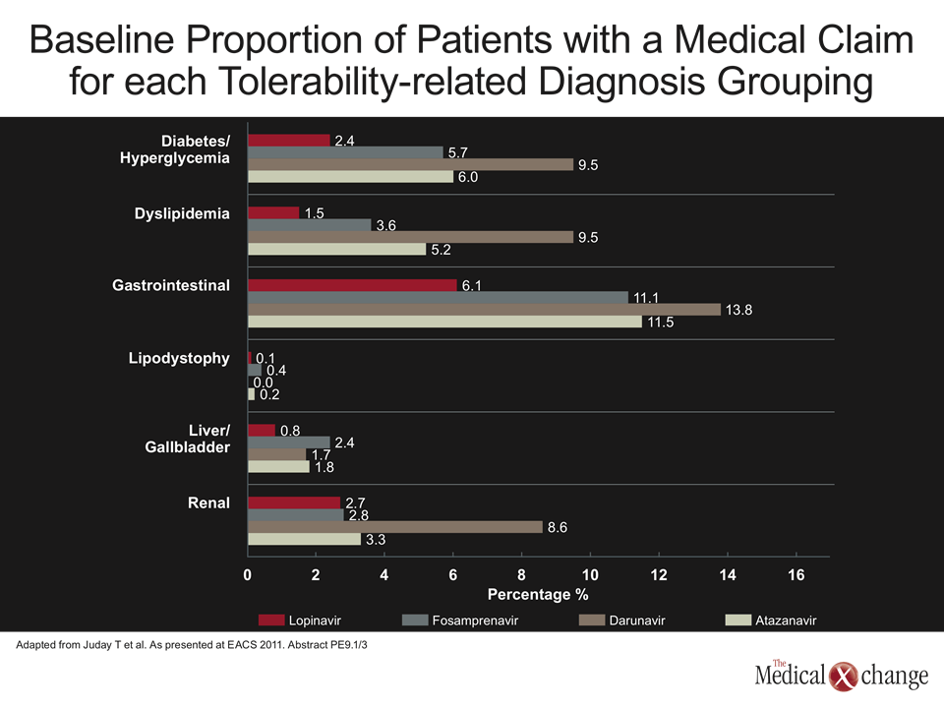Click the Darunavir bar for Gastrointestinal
point(485,310)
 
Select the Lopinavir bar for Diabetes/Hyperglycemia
point(289,141)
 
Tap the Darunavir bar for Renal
point(395,527)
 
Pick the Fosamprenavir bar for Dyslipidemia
point(310,224)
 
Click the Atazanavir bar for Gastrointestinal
point(444,322)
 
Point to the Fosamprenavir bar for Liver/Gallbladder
point(289,442)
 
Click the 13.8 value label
point(738,310)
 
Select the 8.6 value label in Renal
point(558,527)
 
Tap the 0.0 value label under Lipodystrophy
point(264,383)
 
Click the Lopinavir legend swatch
point(271,620)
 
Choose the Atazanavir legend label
point(786,620)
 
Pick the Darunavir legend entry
point(621,620)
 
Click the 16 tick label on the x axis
point(796,575)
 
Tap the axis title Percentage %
point(538,595)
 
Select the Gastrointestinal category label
point(171,285)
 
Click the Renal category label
point(208,502)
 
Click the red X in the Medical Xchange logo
point(843,677)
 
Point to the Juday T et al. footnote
point(192,645)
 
